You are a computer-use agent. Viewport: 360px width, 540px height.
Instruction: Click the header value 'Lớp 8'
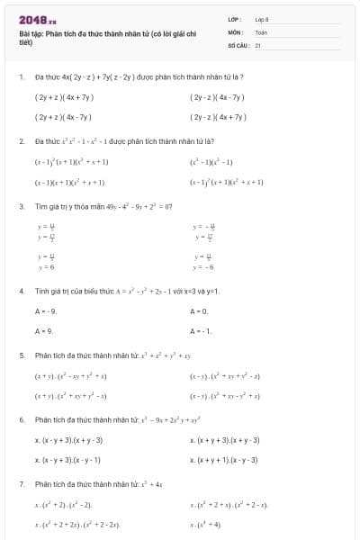262,19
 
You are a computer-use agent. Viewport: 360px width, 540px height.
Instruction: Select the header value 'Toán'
261,31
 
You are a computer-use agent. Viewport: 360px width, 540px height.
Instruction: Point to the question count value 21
258,44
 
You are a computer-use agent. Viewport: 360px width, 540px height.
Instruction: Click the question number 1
21,78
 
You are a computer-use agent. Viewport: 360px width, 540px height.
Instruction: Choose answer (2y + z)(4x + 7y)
64,97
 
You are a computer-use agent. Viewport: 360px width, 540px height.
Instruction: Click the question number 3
21,206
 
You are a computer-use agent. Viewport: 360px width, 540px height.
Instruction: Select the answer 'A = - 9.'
47,310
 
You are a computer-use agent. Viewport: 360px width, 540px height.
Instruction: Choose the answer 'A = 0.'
200,310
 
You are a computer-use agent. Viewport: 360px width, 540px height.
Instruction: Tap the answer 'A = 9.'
45,330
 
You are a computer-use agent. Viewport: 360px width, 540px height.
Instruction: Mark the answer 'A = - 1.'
202,330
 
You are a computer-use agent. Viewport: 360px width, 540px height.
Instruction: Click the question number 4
21,292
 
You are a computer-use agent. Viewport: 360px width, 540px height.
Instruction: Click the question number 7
21,484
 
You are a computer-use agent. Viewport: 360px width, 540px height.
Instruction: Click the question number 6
21,420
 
